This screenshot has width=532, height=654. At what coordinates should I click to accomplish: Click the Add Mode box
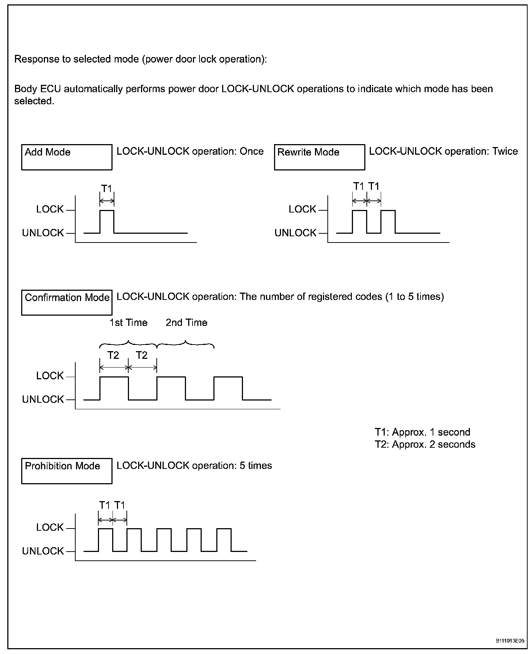point(66,157)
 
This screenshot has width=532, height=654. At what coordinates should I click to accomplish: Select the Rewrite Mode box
point(319,157)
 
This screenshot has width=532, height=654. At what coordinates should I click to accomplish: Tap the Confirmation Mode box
point(66,302)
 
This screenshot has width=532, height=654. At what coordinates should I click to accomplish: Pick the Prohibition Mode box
point(66,471)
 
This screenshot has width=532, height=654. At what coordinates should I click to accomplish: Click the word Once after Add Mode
point(251,151)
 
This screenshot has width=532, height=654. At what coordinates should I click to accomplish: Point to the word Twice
point(505,151)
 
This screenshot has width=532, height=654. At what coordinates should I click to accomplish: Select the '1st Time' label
point(128,323)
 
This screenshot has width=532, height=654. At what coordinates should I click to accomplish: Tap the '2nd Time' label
point(186,323)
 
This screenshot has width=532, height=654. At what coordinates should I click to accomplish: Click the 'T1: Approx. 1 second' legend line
point(422,432)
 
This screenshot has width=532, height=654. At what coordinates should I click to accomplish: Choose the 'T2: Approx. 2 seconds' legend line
point(425,444)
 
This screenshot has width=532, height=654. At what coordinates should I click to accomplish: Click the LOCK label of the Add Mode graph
point(50,209)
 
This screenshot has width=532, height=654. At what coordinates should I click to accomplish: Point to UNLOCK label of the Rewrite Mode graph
point(295,233)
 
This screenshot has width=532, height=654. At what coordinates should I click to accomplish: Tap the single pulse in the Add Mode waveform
point(107,221)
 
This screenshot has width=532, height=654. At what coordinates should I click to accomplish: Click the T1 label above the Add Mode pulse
point(106,189)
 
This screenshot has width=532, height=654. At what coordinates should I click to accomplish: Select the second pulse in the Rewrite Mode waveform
point(388,221)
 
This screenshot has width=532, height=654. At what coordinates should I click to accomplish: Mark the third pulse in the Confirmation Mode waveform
point(228,388)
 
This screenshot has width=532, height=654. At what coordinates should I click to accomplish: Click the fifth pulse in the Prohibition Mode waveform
point(224,540)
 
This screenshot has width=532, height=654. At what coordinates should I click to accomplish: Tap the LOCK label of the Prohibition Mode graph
point(50,527)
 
